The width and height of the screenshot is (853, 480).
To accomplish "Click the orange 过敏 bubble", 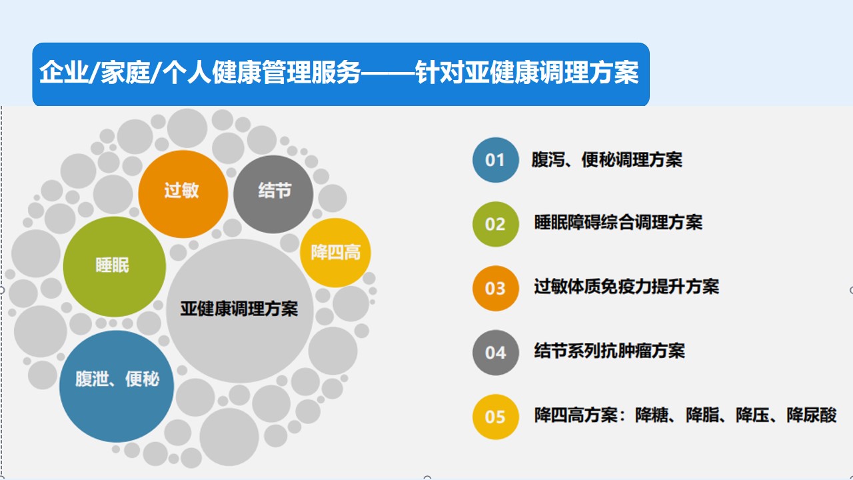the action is coord(183,194).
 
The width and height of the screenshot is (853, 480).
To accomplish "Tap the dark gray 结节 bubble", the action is coord(273,194).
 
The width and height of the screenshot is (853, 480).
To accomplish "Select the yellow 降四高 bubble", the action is coord(335,252).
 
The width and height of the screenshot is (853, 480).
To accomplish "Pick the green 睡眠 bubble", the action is coord(114,266).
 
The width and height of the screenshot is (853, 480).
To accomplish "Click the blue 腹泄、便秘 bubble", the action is coord(117,386).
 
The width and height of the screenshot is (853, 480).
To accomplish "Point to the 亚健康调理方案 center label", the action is coord(239,309).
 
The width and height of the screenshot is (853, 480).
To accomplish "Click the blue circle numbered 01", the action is coord(495,160).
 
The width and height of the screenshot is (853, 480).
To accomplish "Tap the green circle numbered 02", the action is coord(495,224).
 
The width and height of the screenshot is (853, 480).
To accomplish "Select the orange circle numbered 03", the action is coord(495,289).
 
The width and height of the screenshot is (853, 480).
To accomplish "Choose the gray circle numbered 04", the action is coord(495,353).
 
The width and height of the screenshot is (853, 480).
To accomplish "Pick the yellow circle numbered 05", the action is coord(495,417).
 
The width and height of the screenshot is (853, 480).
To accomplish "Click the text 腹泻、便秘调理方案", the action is coord(606,159).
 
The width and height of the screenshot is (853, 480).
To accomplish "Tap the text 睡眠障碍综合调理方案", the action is coord(618,223).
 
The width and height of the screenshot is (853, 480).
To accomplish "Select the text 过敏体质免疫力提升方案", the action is coord(626,287).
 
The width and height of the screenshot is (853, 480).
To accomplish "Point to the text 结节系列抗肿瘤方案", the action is coord(609,351).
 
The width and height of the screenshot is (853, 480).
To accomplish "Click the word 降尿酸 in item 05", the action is coord(812,415).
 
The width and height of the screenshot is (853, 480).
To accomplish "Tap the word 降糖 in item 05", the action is coord(652,415).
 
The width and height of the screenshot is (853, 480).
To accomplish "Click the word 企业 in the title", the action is coord(63,71).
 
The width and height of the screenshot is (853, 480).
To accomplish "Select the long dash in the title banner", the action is coord(388,71).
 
